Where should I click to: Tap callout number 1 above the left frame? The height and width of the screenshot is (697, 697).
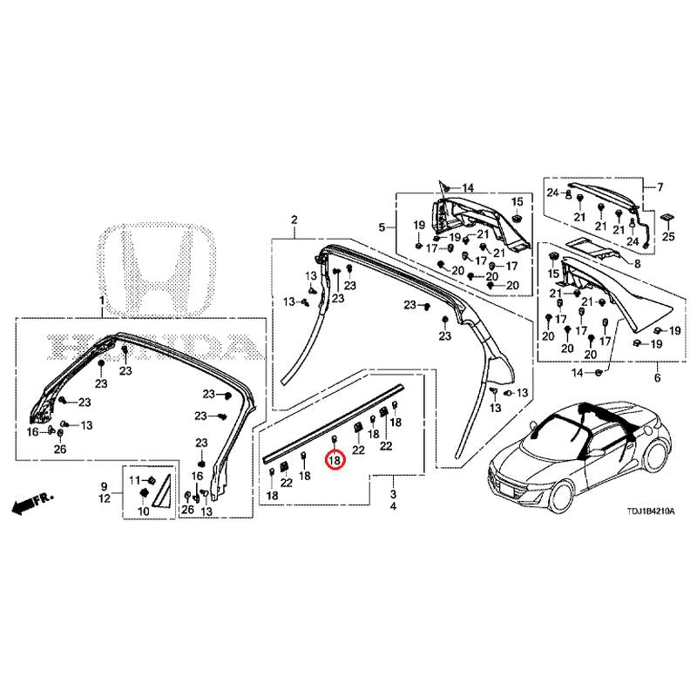[x=102, y=301]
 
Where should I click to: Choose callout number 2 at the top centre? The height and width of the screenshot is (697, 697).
[x=294, y=219]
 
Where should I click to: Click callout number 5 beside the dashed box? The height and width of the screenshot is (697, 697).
[x=381, y=227]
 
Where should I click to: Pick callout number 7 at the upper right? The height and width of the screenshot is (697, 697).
[x=660, y=186]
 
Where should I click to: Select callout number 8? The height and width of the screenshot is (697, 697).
[x=637, y=263]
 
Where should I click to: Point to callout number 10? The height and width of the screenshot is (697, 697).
[x=144, y=511]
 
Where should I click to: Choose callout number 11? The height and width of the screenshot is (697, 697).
[x=134, y=480]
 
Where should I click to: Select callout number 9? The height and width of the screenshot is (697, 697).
[x=104, y=485]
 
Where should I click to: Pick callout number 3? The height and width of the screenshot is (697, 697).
[x=393, y=493]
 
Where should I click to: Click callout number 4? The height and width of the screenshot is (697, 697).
[x=393, y=506]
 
